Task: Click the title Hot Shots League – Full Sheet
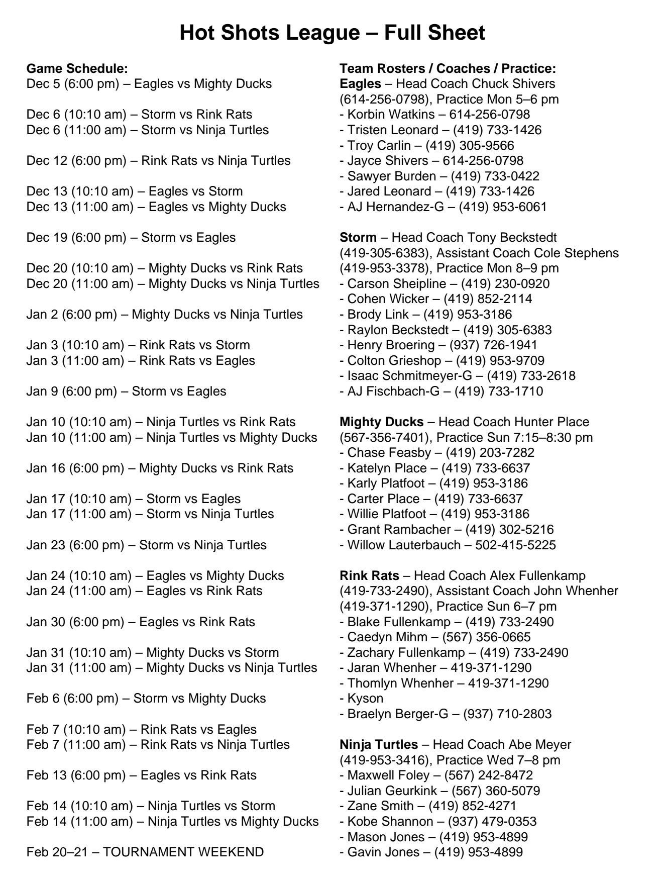[332, 33]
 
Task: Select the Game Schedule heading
[77, 68]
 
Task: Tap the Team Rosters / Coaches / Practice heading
[448, 68]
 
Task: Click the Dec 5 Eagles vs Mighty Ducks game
[149, 84]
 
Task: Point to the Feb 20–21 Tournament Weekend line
[145, 852]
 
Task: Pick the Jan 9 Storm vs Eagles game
[126, 391]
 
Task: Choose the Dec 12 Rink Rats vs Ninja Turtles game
[158, 161]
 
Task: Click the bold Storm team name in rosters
[358, 237]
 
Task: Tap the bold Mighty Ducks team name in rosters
[381, 422]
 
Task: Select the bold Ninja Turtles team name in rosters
[378, 744]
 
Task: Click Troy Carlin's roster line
[427, 145]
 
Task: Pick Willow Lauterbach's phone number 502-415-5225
[515, 545]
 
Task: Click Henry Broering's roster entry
[438, 345]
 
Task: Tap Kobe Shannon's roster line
[438, 821]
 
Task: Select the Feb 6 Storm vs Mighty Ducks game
[146, 698]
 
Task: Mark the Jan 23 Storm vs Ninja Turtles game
[146, 545]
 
